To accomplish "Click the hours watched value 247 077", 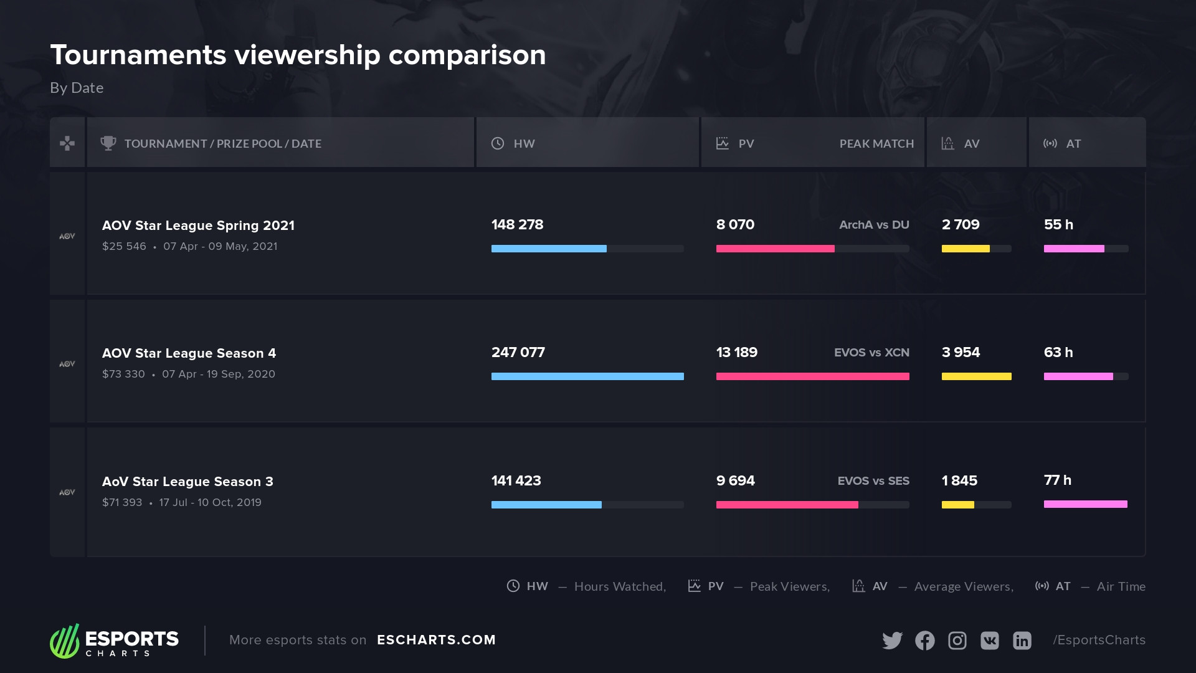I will click(x=518, y=352).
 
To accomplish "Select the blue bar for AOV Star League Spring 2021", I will click(x=548, y=249).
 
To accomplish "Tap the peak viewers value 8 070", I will click(x=735, y=224).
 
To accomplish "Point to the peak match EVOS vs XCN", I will click(x=871, y=353).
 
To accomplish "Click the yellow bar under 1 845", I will click(x=957, y=505).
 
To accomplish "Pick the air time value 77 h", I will click(x=1057, y=480).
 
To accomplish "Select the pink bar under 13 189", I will click(x=812, y=376).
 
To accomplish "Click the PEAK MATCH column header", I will click(x=876, y=144).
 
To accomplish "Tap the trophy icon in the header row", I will click(x=108, y=143).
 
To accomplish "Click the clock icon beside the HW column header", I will click(x=498, y=143).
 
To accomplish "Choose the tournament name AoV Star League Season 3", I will click(x=187, y=482).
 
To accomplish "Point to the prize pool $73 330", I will click(x=123, y=374).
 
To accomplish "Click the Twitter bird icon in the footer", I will click(x=892, y=640).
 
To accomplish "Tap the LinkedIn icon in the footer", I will click(x=1022, y=640).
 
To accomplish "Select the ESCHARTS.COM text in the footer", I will click(x=436, y=640).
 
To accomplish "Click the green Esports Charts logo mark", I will click(x=65, y=641).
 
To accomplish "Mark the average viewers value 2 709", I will click(x=961, y=224).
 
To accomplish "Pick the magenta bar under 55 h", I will click(x=1074, y=249).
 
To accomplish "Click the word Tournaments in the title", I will click(x=138, y=55).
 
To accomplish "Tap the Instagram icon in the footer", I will click(x=957, y=640).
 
